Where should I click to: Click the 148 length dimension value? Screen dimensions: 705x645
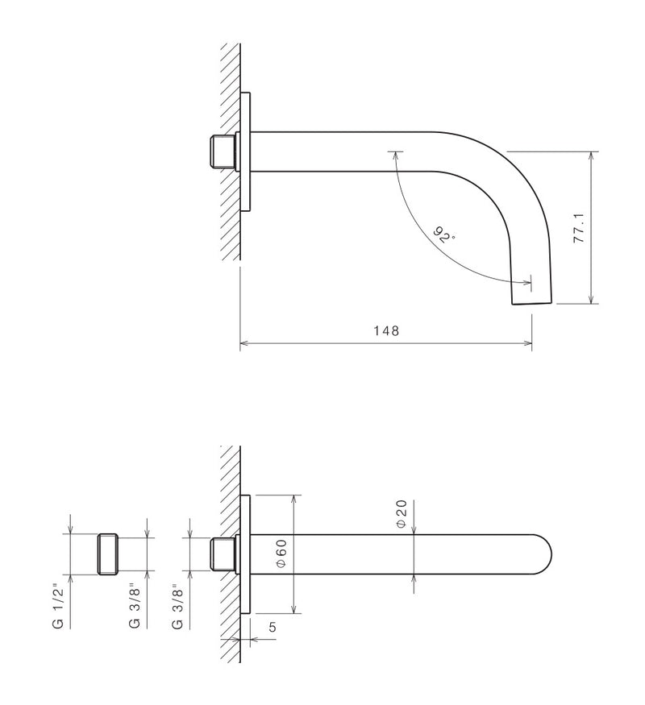coord(387,331)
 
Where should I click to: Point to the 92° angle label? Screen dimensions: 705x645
coord(443,237)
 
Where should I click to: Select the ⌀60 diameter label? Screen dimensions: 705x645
coord(281,554)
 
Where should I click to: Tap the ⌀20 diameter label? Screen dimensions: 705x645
coord(401,514)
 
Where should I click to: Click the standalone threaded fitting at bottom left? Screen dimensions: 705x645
coord(108,554)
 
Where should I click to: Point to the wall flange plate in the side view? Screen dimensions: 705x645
coord(247,151)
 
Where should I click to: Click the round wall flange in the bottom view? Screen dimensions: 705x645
coord(246,554)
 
